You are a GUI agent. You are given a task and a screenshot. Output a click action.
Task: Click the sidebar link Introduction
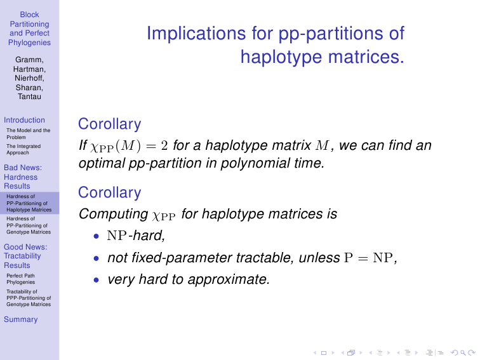[24, 120]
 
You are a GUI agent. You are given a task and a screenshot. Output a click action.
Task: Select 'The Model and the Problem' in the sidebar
[28, 134]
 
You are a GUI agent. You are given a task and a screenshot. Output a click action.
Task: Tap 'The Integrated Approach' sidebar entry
[23, 149]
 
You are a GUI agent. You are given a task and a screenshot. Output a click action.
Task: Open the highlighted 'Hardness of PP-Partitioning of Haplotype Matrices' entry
[29, 203]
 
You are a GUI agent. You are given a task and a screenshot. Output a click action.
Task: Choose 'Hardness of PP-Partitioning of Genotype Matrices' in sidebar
[29, 225]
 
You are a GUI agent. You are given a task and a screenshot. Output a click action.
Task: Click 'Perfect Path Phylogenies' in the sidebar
[21, 279]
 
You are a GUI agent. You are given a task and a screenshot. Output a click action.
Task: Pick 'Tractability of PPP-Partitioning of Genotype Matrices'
[29, 298]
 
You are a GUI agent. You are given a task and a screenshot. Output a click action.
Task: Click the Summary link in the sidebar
[20, 319]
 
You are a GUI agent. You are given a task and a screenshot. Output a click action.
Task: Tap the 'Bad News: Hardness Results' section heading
[23, 177]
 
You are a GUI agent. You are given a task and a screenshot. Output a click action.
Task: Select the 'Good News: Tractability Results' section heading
[25, 257]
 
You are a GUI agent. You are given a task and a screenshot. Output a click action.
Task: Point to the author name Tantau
[29, 97]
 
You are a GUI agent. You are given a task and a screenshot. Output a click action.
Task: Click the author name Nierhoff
[29, 78]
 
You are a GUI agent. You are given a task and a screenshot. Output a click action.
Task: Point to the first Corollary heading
[110, 124]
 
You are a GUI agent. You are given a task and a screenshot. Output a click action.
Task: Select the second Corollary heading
[110, 192]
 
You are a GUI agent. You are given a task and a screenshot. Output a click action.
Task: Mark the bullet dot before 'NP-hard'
[97, 236]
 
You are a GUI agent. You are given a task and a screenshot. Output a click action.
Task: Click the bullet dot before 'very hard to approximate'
[97, 280]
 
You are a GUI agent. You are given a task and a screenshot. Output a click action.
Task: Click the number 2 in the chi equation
[164, 146]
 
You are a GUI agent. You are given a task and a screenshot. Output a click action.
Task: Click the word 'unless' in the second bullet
[319, 258]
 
